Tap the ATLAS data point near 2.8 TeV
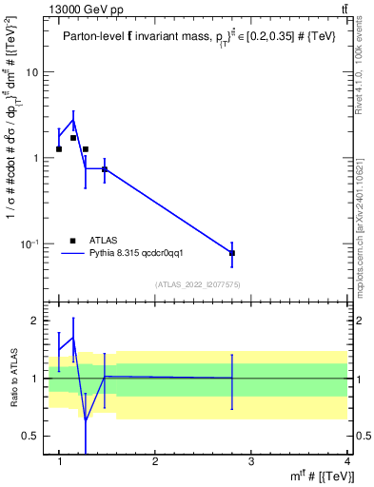pos(232,253)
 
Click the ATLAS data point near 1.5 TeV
pos(105,169)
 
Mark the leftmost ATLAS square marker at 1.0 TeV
pos(59,149)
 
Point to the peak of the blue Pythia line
pos(73,120)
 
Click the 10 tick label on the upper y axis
pos(31,72)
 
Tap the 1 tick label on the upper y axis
pos(34,159)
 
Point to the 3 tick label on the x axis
pos(251,461)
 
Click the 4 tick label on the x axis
pos(345,461)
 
